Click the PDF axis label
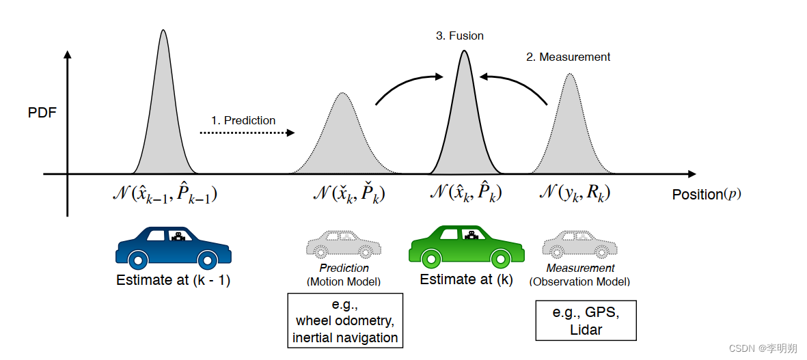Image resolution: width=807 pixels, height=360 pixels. (x=42, y=113)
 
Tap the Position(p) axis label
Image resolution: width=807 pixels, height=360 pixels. (x=706, y=194)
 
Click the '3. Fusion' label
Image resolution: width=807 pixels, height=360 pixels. (x=460, y=36)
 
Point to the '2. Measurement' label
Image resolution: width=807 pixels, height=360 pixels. (x=568, y=57)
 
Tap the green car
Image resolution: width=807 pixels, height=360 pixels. (x=467, y=246)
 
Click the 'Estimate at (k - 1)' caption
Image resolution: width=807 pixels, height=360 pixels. (x=173, y=279)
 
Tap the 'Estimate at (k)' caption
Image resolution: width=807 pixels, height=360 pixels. (x=466, y=279)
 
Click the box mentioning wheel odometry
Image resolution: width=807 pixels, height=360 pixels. (x=345, y=320)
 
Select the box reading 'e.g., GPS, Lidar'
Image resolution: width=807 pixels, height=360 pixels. (x=586, y=320)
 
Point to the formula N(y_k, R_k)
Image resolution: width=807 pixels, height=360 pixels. (x=575, y=194)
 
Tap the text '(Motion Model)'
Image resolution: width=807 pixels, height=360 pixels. (x=344, y=281)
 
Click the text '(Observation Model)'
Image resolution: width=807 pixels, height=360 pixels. (x=579, y=281)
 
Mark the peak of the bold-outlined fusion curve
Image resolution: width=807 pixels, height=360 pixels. (x=464, y=51)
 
